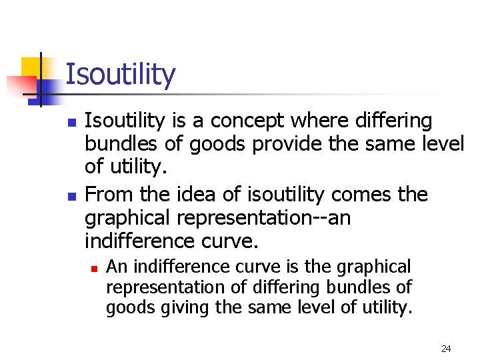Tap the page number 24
pyautogui.click(x=446, y=348)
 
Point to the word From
pyautogui.click(x=108, y=195)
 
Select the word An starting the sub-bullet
pyautogui.click(x=117, y=267)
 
